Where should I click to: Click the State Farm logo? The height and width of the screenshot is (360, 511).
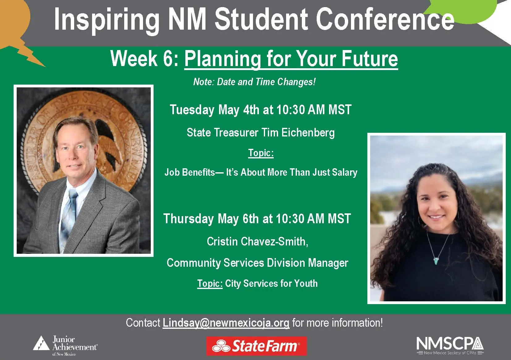[256, 346]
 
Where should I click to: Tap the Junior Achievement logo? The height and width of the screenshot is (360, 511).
[65, 345]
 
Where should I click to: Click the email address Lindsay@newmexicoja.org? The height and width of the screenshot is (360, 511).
[226, 323]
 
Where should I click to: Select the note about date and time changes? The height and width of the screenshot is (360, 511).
[254, 82]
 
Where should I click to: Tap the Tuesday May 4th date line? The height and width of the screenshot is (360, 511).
[260, 110]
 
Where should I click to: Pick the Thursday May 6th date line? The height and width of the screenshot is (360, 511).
[257, 219]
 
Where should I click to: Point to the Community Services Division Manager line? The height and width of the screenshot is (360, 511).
[257, 263]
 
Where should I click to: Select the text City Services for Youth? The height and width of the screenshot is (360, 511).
[271, 283]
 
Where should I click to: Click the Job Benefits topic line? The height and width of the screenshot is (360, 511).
[261, 172]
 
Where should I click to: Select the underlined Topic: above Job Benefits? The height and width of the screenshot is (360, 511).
[261, 153]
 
